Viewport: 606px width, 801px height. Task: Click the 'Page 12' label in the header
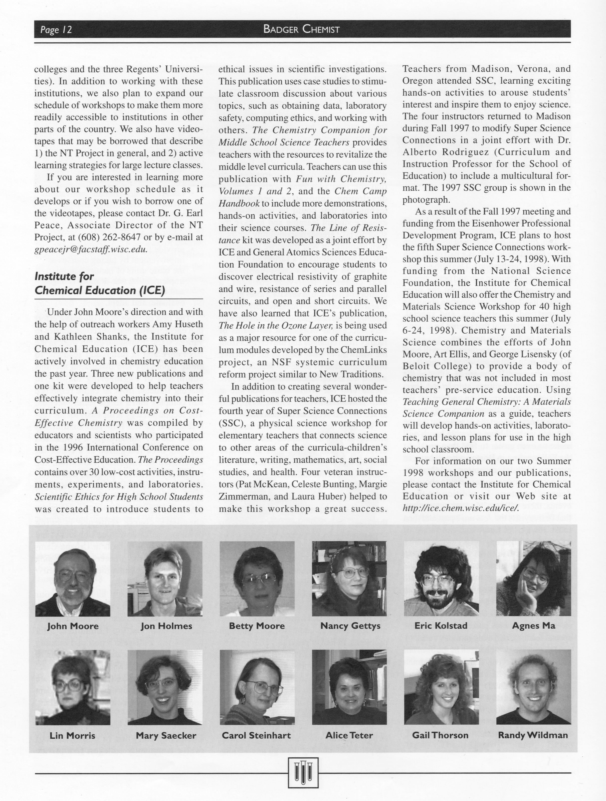pyautogui.click(x=56, y=29)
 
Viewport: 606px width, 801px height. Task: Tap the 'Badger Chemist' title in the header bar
pyautogui.click(x=301, y=29)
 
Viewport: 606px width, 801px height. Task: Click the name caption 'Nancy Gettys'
pyautogui.click(x=350, y=626)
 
